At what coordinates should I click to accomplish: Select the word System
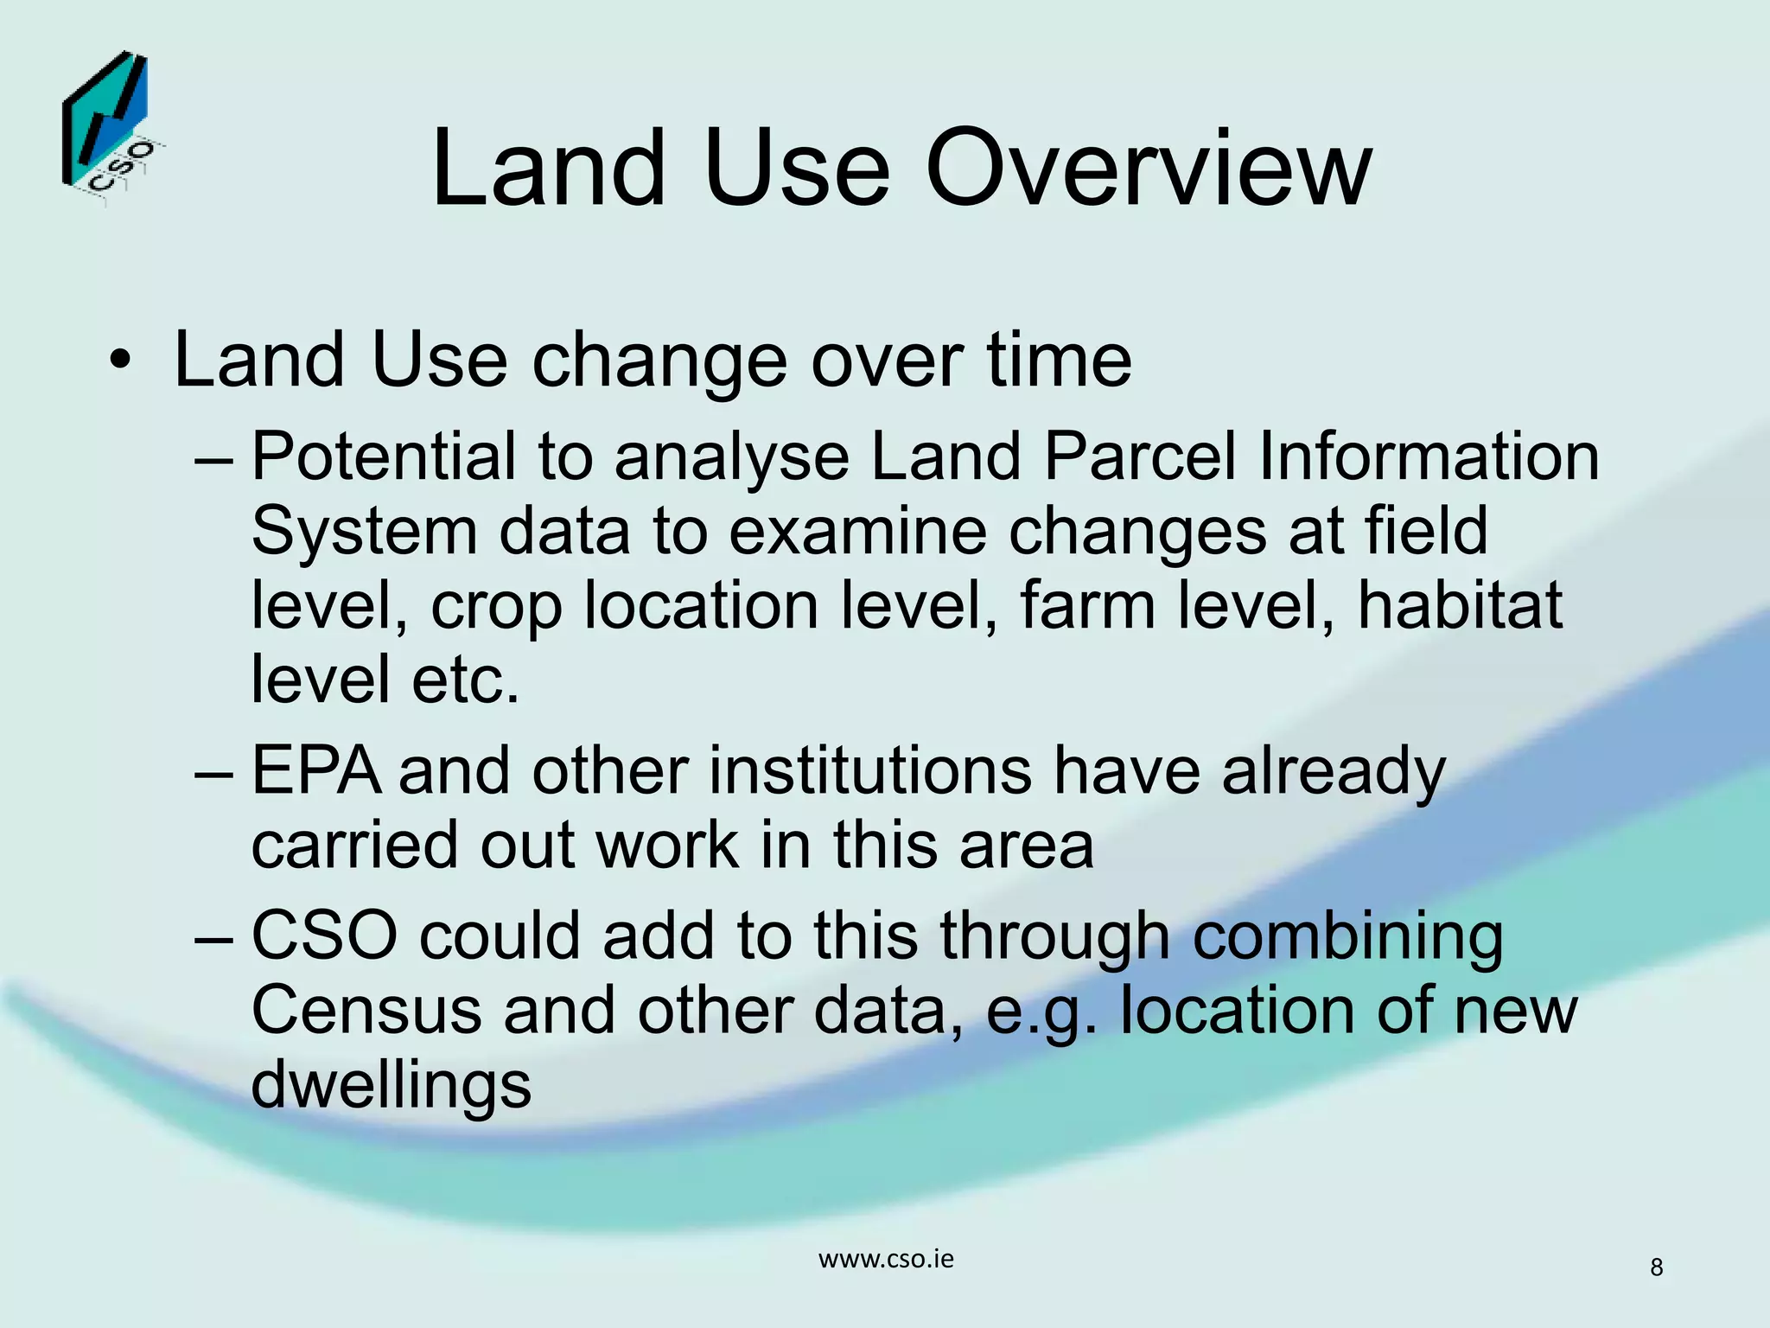pyautogui.click(x=364, y=532)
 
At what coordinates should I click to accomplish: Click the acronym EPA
pyautogui.click(x=315, y=770)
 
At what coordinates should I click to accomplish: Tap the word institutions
pyautogui.click(x=869, y=770)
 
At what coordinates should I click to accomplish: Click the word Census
pyautogui.click(x=366, y=1011)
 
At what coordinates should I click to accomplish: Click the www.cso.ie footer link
pyautogui.click(x=886, y=1259)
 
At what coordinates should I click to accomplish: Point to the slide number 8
pyautogui.click(x=1656, y=1267)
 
